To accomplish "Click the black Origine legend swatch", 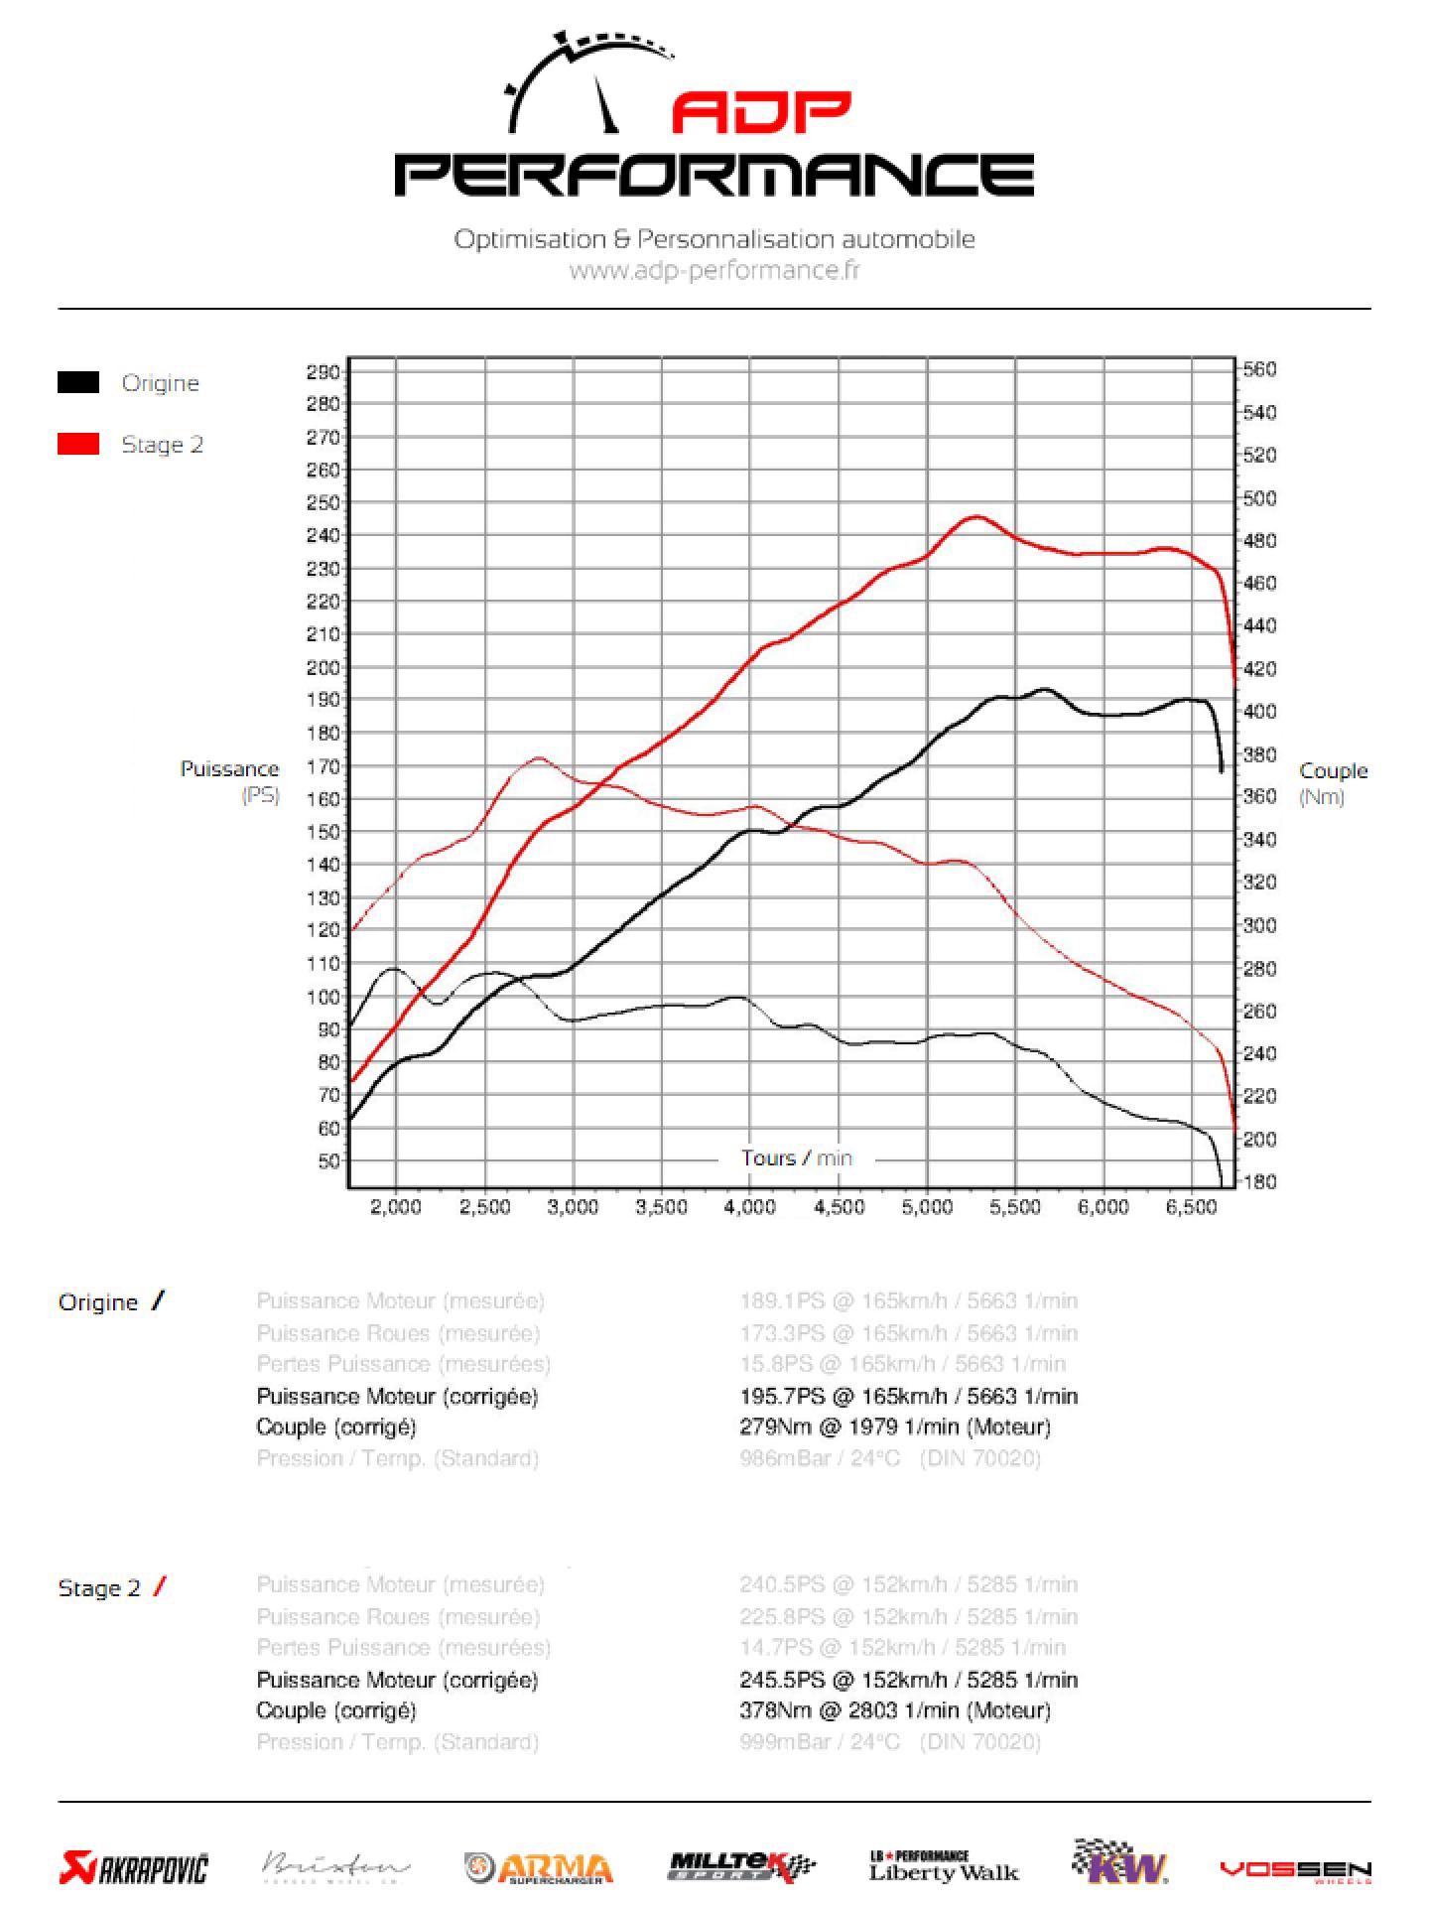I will click(x=78, y=382).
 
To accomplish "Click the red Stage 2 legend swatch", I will click(x=78, y=444).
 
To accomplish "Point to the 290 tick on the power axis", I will click(x=324, y=372).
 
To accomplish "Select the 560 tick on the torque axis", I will click(x=1259, y=369).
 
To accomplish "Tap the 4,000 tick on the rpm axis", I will click(x=749, y=1207).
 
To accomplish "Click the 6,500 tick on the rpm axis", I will click(x=1192, y=1207).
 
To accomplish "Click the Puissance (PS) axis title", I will click(x=230, y=780).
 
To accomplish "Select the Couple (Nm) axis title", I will click(x=1333, y=782).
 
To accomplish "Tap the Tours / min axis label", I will click(x=796, y=1157).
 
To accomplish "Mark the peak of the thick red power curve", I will click(x=976, y=516).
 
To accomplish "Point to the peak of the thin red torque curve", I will click(x=538, y=758).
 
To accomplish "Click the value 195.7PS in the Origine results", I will click(x=782, y=1396).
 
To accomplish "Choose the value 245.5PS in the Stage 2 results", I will click(x=782, y=1680).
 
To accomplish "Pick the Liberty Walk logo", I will click(x=944, y=1866).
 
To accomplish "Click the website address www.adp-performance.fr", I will click(x=714, y=270).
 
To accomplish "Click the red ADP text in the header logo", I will click(x=761, y=113).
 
